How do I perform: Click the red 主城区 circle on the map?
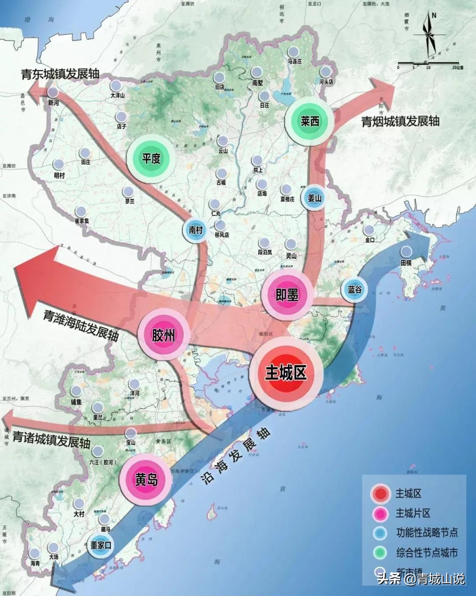coord(286,373)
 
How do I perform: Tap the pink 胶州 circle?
coord(164,335)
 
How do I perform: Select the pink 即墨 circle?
coord(287,295)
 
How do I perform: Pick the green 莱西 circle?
coord(309,121)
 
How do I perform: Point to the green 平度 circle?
coord(151,158)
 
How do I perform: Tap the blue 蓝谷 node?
coord(354,289)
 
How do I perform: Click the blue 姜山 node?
coord(314,198)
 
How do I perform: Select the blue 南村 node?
coord(196,230)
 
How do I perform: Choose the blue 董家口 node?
coord(101,545)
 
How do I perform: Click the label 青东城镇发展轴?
coord(60,74)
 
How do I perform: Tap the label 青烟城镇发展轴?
coord(400,121)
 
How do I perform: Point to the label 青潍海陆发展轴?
coord(81,325)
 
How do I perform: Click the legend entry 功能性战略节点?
coord(426,533)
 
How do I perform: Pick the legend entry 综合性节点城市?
coord(426,552)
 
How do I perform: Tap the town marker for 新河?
coord(53,93)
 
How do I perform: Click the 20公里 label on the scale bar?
coord(457,67)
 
